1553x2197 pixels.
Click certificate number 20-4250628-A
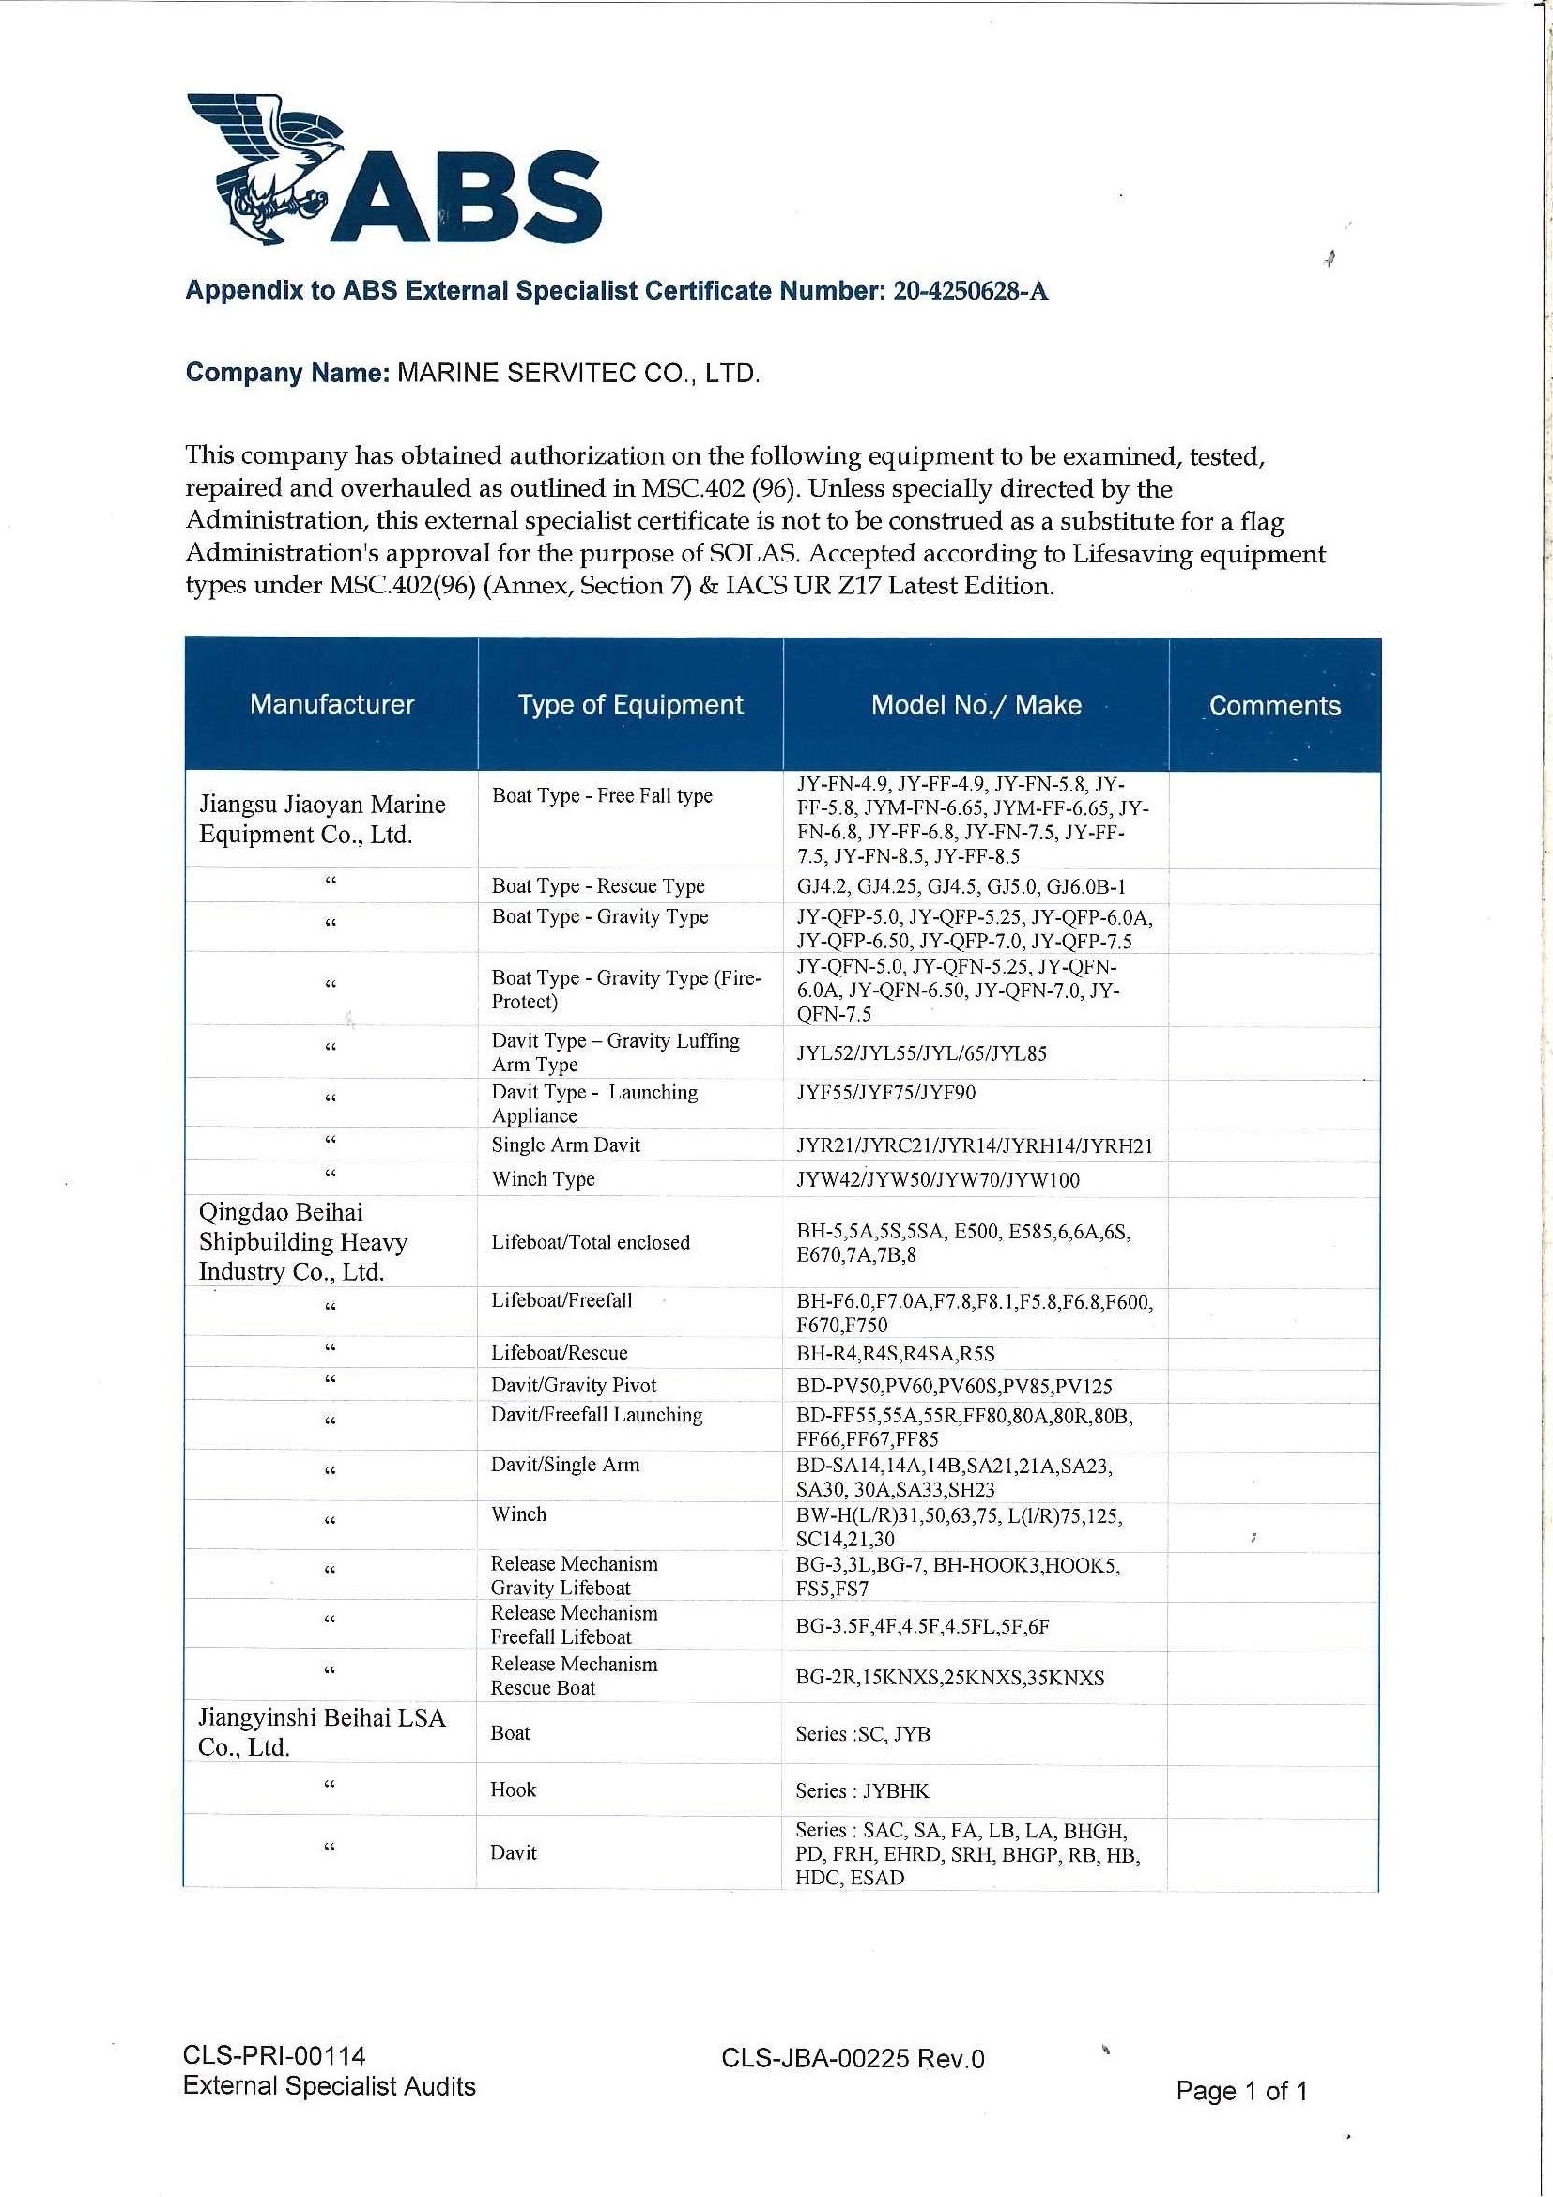tap(970, 291)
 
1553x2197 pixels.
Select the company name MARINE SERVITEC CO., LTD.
tap(578, 373)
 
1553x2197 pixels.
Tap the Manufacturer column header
tap(331, 704)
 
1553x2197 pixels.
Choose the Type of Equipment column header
tap(630, 705)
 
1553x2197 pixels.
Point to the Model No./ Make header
tap(975, 705)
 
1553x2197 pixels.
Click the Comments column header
tap(1273, 706)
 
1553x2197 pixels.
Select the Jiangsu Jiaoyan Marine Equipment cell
tap(321, 819)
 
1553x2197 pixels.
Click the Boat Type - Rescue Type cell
tap(597, 886)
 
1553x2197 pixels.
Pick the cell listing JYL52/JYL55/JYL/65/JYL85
tap(921, 1053)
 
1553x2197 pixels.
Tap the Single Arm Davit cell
tap(565, 1145)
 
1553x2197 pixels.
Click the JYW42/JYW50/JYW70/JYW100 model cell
tap(938, 1180)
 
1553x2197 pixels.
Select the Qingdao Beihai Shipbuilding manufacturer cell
tap(302, 1242)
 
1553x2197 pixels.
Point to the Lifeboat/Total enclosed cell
tap(590, 1242)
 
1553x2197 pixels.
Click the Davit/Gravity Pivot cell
tap(573, 1385)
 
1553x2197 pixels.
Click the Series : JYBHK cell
tap(861, 1790)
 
